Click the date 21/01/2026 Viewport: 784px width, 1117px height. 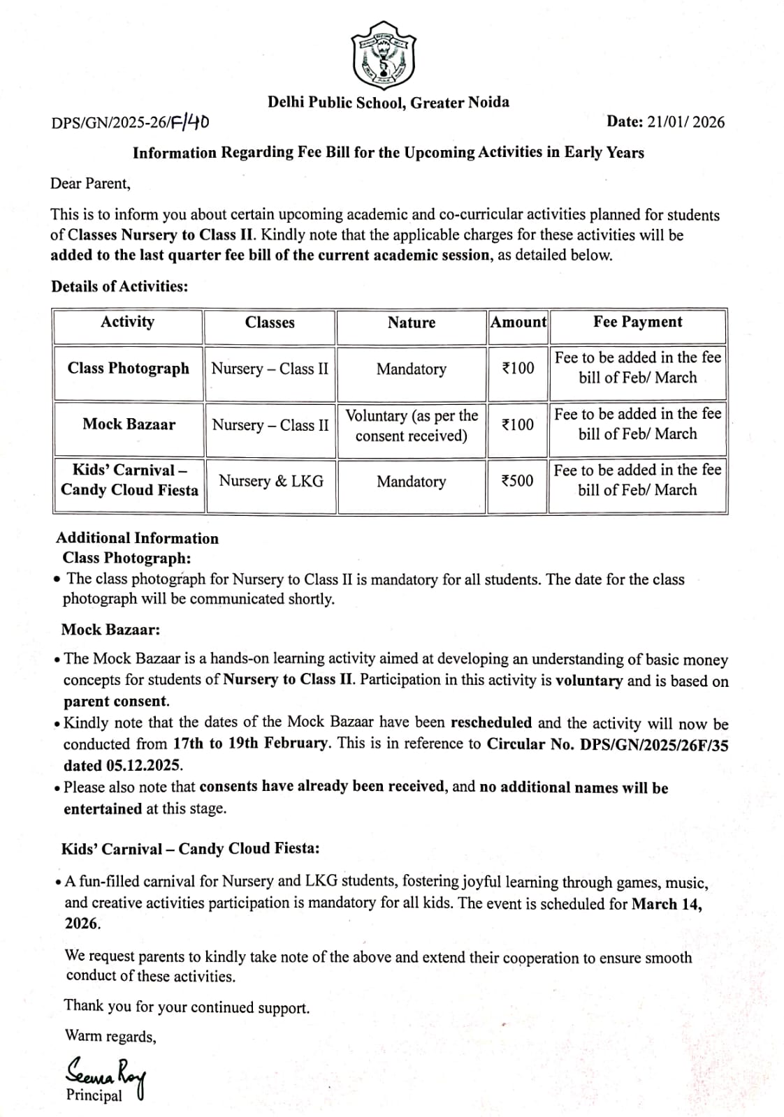(x=685, y=122)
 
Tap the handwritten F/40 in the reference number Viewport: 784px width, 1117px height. (x=189, y=123)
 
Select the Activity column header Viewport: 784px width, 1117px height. (x=127, y=322)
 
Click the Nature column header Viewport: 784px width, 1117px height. (x=411, y=323)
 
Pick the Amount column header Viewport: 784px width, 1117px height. (x=518, y=322)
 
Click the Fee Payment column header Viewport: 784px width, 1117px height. (x=637, y=322)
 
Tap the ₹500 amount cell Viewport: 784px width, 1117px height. (x=518, y=481)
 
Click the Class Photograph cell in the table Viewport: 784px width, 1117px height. (x=129, y=369)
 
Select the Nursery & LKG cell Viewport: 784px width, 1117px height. (x=271, y=481)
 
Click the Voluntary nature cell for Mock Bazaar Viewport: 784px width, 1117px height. (x=412, y=425)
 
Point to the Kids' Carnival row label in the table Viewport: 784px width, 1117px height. (x=129, y=480)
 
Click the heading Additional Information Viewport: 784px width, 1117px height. (x=137, y=538)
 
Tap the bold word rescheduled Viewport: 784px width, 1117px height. (x=491, y=723)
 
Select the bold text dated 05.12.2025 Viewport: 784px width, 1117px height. (x=123, y=766)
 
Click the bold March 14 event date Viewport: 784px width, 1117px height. (x=666, y=904)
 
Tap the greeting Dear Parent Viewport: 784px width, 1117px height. (x=90, y=184)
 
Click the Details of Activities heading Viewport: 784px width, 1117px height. (x=119, y=286)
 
